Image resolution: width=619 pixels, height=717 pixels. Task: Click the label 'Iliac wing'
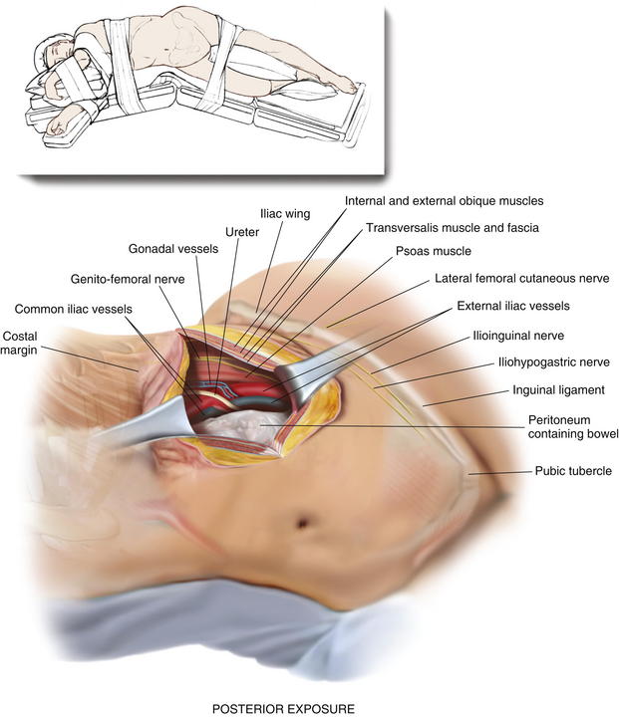pyautogui.click(x=285, y=213)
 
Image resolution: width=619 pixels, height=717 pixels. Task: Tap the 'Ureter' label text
pyautogui.click(x=242, y=232)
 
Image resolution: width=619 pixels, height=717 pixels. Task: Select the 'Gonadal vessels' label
pyautogui.click(x=173, y=249)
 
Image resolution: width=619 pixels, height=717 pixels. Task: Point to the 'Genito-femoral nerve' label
pyautogui.click(x=128, y=279)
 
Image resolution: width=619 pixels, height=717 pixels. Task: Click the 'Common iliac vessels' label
pyautogui.click(x=73, y=309)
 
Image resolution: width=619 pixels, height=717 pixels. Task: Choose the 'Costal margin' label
pyautogui.click(x=19, y=343)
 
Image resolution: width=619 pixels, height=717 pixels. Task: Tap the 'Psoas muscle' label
pyautogui.click(x=434, y=251)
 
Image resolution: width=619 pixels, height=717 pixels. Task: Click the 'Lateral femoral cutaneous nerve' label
pyautogui.click(x=522, y=279)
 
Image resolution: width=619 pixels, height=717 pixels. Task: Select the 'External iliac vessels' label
pyautogui.click(x=513, y=306)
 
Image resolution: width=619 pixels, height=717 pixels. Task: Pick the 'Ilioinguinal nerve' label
pyautogui.click(x=518, y=336)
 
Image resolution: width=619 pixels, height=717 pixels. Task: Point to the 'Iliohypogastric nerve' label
pyautogui.click(x=554, y=362)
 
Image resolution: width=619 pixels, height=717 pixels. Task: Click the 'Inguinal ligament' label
pyautogui.click(x=558, y=390)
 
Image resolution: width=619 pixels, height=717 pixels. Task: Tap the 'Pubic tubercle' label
pyautogui.click(x=573, y=471)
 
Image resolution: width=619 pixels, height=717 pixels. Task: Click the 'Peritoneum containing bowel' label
pyautogui.click(x=573, y=426)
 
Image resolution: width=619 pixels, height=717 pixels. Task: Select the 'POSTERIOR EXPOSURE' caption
pyautogui.click(x=283, y=709)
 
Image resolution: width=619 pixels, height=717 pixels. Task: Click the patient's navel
pyautogui.click(x=302, y=521)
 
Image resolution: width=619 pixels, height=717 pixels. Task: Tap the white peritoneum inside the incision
pyautogui.click(x=242, y=426)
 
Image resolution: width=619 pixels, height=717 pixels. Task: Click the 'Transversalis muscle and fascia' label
pyautogui.click(x=453, y=228)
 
